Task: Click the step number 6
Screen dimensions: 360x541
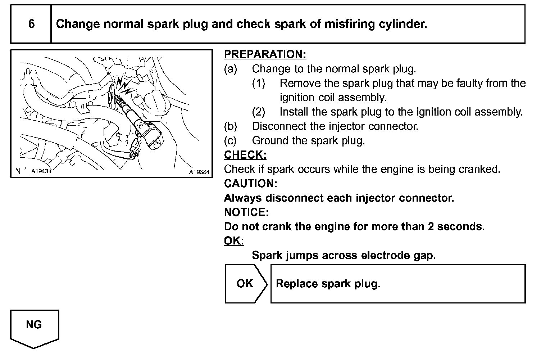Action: pyautogui.click(x=31, y=24)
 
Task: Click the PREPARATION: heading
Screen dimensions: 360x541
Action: pyautogui.click(x=265, y=54)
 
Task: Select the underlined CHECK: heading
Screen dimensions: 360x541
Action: pyautogui.click(x=245, y=155)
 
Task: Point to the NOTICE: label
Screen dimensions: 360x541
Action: pyautogui.click(x=246, y=212)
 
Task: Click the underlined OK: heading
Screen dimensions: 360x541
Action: pyautogui.click(x=234, y=241)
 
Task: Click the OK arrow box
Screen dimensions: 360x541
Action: pyautogui.click(x=246, y=284)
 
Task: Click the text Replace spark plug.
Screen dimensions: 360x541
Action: pyautogui.click(x=328, y=284)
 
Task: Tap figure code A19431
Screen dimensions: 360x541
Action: pyautogui.click(x=41, y=171)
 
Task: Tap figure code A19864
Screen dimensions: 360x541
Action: pyautogui.click(x=199, y=172)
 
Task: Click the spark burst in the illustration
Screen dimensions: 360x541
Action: pyautogui.click(x=123, y=85)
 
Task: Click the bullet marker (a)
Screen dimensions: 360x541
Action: pyautogui.click(x=231, y=69)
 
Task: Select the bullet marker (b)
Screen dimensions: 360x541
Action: pyautogui.click(x=231, y=126)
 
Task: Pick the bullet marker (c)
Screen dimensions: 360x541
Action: pyautogui.click(x=230, y=141)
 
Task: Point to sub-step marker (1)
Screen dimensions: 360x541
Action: pyautogui.click(x=259, y=83)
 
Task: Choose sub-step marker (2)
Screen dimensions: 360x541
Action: pyautogui.click(x=259, y=112)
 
